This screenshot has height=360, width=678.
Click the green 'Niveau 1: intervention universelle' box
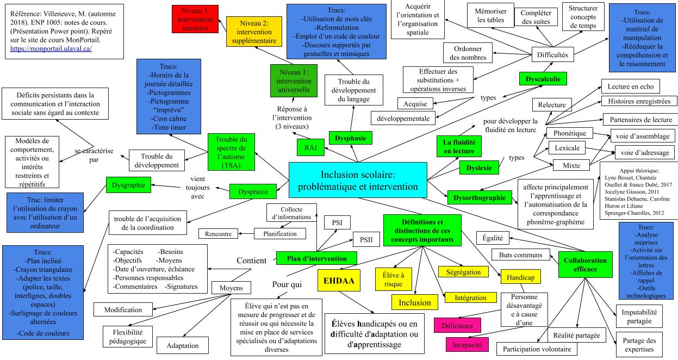294,81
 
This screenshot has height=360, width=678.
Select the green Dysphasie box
351,138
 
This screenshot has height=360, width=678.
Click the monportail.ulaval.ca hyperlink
51,48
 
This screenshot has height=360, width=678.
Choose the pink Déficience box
457,325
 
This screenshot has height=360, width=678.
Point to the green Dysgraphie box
128,185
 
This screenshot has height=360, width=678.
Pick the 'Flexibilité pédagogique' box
125,337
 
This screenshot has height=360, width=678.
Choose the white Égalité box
493,238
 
